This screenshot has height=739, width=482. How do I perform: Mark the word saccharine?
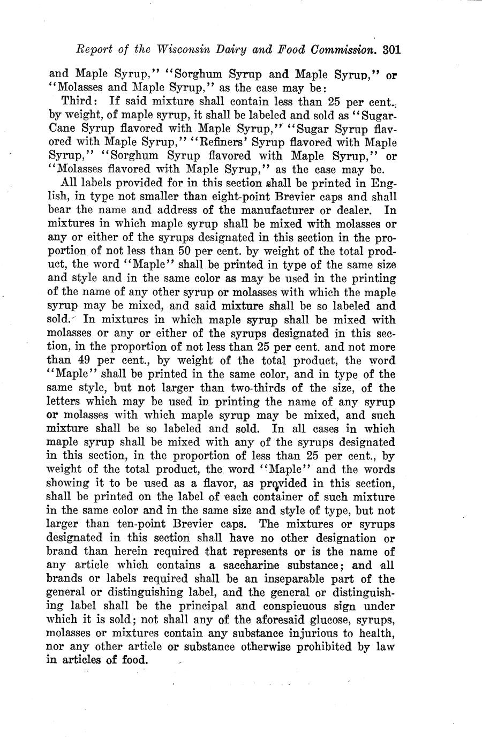point(262,565)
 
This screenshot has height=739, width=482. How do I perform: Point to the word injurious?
point(305,634)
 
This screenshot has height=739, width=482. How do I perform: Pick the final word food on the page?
point(133,660)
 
